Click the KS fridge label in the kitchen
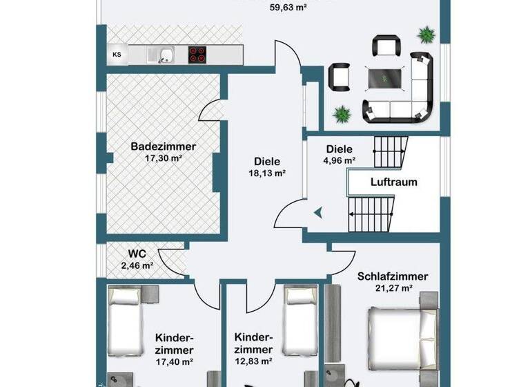[x=117, y=55]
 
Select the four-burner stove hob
[x=197, y=55]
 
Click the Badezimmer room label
[x=164, y=147]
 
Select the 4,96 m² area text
[x=339, y=160]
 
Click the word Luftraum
[x=393, y=183]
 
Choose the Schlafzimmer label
[x=392, y=276]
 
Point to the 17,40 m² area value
[x=174, y=361]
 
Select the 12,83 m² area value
[x=253, y=361]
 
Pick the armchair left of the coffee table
[x=339, y=76]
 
